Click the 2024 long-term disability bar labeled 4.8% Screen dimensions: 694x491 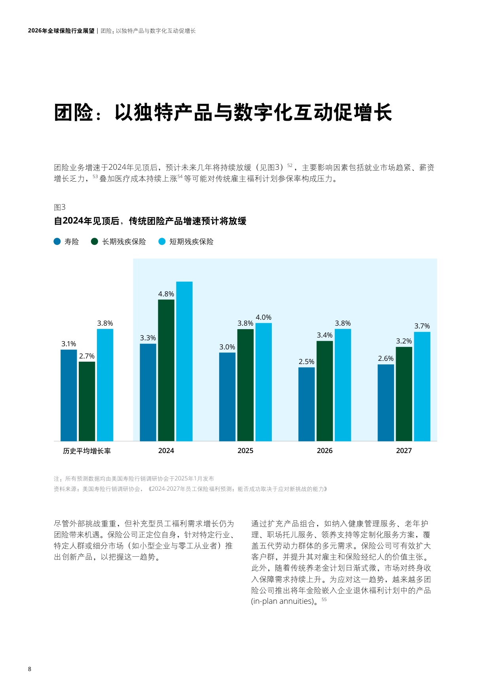pyautogui.click(x=166, y=370)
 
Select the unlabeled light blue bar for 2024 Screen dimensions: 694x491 pyautogui.click(x=184, y=361)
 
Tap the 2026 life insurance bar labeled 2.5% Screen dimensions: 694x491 pyautogui.click(x=307, y=404)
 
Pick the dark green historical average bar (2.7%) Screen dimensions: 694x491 pyautogui.click(x=87, y=401)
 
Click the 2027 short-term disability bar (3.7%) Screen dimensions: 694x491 pyautogui.click(x=422, y=386)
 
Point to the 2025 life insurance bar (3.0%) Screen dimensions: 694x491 pyautogui.click(x=227, y=396)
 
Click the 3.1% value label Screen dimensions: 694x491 pyautogui.click(x=69, y=344)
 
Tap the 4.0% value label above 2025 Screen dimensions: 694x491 pyautogui.click(x=264, y=317)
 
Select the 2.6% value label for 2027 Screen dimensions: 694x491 pyautogui.click(x=386, y=358)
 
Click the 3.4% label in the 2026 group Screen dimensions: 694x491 pyautogui.click(x=324, y=335)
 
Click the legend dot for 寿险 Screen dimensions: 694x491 pyautogui.click(x=57, y=241)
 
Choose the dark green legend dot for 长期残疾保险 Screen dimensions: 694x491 pyautogui.click(x=95, y=241)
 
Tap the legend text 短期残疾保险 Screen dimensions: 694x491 pyautogui.click(x=191, y=242)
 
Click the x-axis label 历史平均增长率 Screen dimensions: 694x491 pyautogui.click(x=87, y=451)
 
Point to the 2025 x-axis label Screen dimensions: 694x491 pyautogui.click(x=245, y=451)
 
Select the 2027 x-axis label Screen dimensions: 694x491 pyautogui.click(x=404, y=451)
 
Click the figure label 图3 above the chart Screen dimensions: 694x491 pyautogui.click(x=60, y=207)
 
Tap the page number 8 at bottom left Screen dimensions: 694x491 pyautogui.click(x=30, y=669)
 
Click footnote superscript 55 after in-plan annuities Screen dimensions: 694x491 pyautogui.click(x=324, y=599)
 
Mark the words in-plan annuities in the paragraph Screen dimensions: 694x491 pyautogui.click(x=282, y=601)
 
